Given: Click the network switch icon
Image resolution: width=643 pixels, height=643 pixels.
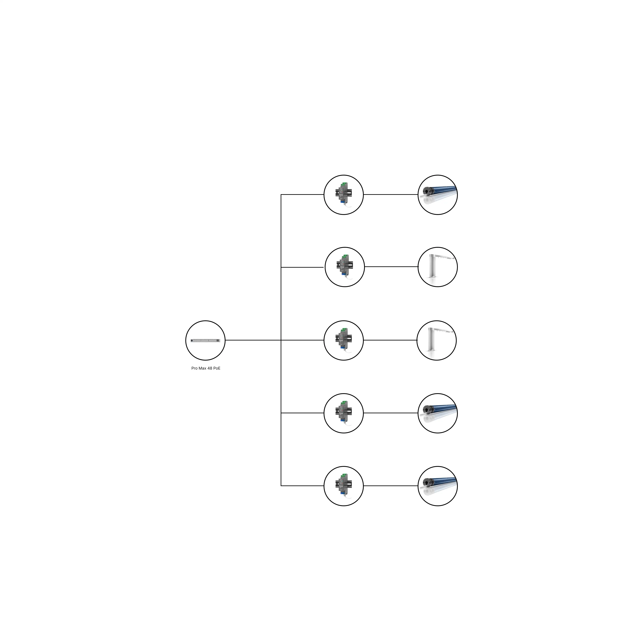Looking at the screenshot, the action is click(x=205, y=340).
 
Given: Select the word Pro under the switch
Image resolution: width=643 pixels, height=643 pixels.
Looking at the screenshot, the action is click(x=194, y=368).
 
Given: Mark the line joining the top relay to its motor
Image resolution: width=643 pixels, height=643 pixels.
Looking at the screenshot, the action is click(x=391, y=195).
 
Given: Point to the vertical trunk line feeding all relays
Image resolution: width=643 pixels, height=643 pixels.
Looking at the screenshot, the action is click(x=281, y=340).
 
